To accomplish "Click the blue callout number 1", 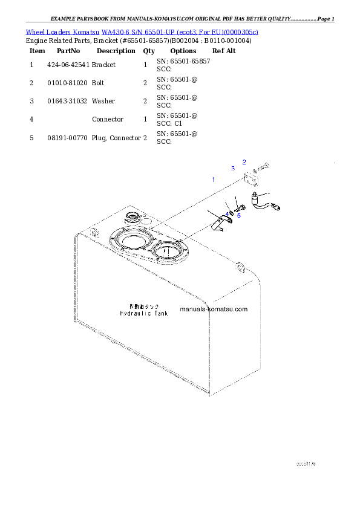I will [x=213, y=180].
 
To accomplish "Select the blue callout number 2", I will [x=244, y=161].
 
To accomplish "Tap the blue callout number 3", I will [x=232, y=169].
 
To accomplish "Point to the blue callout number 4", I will [x=227, y=215].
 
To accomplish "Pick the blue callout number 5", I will [x=239, y=215].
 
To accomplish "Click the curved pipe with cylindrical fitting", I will [x=267, y=202].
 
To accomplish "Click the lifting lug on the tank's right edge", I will [x=240, y=266].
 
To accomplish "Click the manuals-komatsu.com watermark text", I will [x=214, y=309].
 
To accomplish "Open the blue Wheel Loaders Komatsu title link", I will [x=142, y=31].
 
